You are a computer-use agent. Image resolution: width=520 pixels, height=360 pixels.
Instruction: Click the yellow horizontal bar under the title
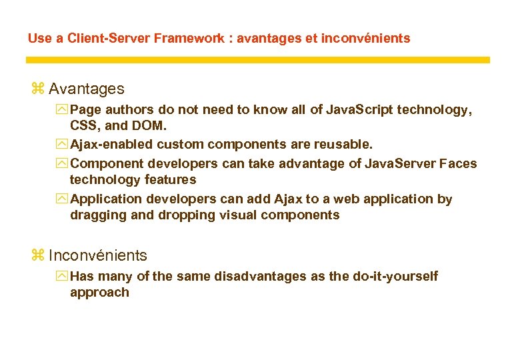(x=257, y=59)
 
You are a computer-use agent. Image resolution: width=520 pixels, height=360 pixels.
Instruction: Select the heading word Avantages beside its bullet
(x=86, y=88)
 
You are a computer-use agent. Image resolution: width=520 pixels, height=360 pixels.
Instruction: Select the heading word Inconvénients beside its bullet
(x=98, y=255)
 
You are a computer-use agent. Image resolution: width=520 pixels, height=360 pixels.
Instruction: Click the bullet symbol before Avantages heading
(x=37, y=89)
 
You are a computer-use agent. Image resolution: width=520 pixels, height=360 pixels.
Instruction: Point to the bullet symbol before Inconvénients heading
(x=37, y=256)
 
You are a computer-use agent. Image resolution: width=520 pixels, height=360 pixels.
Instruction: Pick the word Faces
(x=459, y=163)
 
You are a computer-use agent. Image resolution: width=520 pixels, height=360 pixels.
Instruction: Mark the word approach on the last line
(x=99, y=293)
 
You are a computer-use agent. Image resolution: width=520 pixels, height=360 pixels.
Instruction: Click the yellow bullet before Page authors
(x=63, y=110)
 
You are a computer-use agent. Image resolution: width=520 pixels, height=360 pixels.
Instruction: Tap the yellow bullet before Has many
(x=63, y=276)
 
